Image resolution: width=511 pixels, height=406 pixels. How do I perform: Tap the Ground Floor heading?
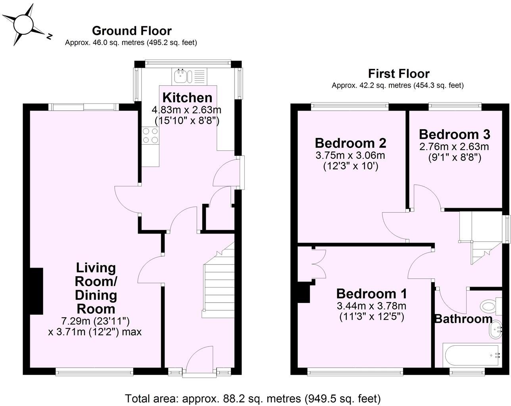(131, 31)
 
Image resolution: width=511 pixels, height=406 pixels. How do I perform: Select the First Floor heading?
(398, 74)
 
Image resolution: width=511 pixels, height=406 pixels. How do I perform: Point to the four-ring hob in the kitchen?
(150, 135)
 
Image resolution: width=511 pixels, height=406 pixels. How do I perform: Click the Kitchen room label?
(187, 98)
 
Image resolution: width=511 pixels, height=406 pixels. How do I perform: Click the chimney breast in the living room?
(36, 291)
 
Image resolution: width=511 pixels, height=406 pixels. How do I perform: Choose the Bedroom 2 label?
(350, 143)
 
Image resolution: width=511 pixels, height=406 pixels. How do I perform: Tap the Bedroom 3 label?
(454, 134)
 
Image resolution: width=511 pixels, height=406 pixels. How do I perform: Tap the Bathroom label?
(463, 319)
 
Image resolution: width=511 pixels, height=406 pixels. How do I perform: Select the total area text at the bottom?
(253, 398)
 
